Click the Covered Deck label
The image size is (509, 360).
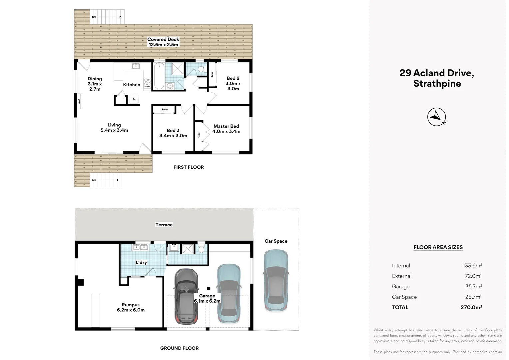(163, 40)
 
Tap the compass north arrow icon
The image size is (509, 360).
(436, 117)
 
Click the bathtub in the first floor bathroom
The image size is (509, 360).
(159, 76)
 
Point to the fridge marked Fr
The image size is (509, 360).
(134, 99)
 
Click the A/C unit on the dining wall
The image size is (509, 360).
(79, 101)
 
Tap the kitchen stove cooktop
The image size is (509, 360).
(147, 83)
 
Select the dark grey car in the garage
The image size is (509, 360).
(186, 296)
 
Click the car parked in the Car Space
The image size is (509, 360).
(276, 281)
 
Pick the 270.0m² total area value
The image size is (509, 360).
(471, 307)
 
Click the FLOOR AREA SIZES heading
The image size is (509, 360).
(438, 247)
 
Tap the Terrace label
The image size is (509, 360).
(164, 225)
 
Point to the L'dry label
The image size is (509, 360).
(141, 262)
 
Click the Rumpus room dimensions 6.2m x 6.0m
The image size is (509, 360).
(131, 310)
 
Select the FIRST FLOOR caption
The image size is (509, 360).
(189, 167)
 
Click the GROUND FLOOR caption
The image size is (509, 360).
(179, 348)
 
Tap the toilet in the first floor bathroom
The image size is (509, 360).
(201, 69)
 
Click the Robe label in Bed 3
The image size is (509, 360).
(165, 109)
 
